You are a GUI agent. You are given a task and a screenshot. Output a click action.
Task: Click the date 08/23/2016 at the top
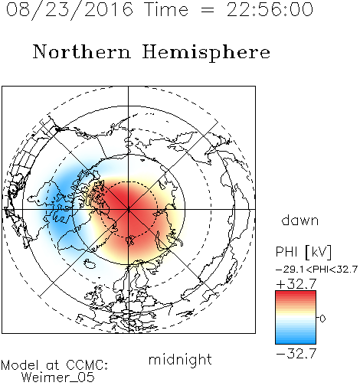tap(70, 10)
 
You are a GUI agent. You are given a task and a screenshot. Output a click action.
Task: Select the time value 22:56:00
tap(270, 9)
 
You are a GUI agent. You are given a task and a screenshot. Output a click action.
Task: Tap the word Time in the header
tap(166, 9)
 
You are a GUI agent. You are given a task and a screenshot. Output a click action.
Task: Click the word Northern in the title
tap(82, 51)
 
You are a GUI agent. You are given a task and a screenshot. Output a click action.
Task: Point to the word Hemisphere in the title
tap(206, 53)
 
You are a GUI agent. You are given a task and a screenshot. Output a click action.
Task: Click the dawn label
tap(300, 221)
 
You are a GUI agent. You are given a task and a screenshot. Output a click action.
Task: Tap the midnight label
tap(180, 360)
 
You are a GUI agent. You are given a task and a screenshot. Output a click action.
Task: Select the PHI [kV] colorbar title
tap(303, 252)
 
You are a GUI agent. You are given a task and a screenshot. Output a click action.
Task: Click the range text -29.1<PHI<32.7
tap(316, 270)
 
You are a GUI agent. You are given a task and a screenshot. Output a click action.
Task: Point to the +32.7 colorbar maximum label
tap(296, 284)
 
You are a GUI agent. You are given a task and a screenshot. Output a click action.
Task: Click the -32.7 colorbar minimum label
tap(296, 354)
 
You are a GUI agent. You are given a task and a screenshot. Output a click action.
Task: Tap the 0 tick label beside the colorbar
tap(322, 319)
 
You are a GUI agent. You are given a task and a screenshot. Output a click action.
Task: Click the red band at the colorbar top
tap(296, 295)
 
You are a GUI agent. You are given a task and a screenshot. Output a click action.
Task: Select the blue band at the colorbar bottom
tap(296, 340)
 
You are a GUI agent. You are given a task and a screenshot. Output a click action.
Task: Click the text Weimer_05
tap(58, 378)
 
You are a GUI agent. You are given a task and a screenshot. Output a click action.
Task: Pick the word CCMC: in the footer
tap(87, 365)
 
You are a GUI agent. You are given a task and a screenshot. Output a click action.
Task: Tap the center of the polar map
tap(129, 209)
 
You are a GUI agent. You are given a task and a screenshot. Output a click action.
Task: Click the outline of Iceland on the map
tap(90, 264)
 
